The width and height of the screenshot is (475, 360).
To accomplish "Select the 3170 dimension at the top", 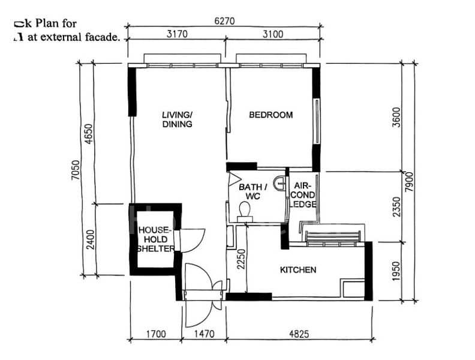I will click(x=177, y=34).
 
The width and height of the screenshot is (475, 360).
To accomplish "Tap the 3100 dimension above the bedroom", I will click(x=273, y=34).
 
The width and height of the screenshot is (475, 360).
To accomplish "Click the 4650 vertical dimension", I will click(x=89, y=133).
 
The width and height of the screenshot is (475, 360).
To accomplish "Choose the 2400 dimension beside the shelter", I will click(x=89, y=239).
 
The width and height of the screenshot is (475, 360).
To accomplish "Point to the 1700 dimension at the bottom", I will click(x=155, y=333).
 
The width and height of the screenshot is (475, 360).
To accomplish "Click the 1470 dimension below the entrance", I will click(x=203, y=333).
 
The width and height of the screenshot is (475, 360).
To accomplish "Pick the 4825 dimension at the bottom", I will click(x=298, y=333).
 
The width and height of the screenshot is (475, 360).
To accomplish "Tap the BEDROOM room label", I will click(x=271, y=115).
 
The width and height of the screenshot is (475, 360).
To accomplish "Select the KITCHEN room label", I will click(x=298, y=270).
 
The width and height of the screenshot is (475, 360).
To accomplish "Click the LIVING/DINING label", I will click(x=177, y=119).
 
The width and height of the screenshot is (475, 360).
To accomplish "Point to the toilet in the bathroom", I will click(x=244, y=209).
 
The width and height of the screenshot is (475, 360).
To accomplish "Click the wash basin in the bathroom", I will click(x=279, y=184).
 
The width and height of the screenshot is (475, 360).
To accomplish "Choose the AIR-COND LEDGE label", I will click(x=303, y=196).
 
